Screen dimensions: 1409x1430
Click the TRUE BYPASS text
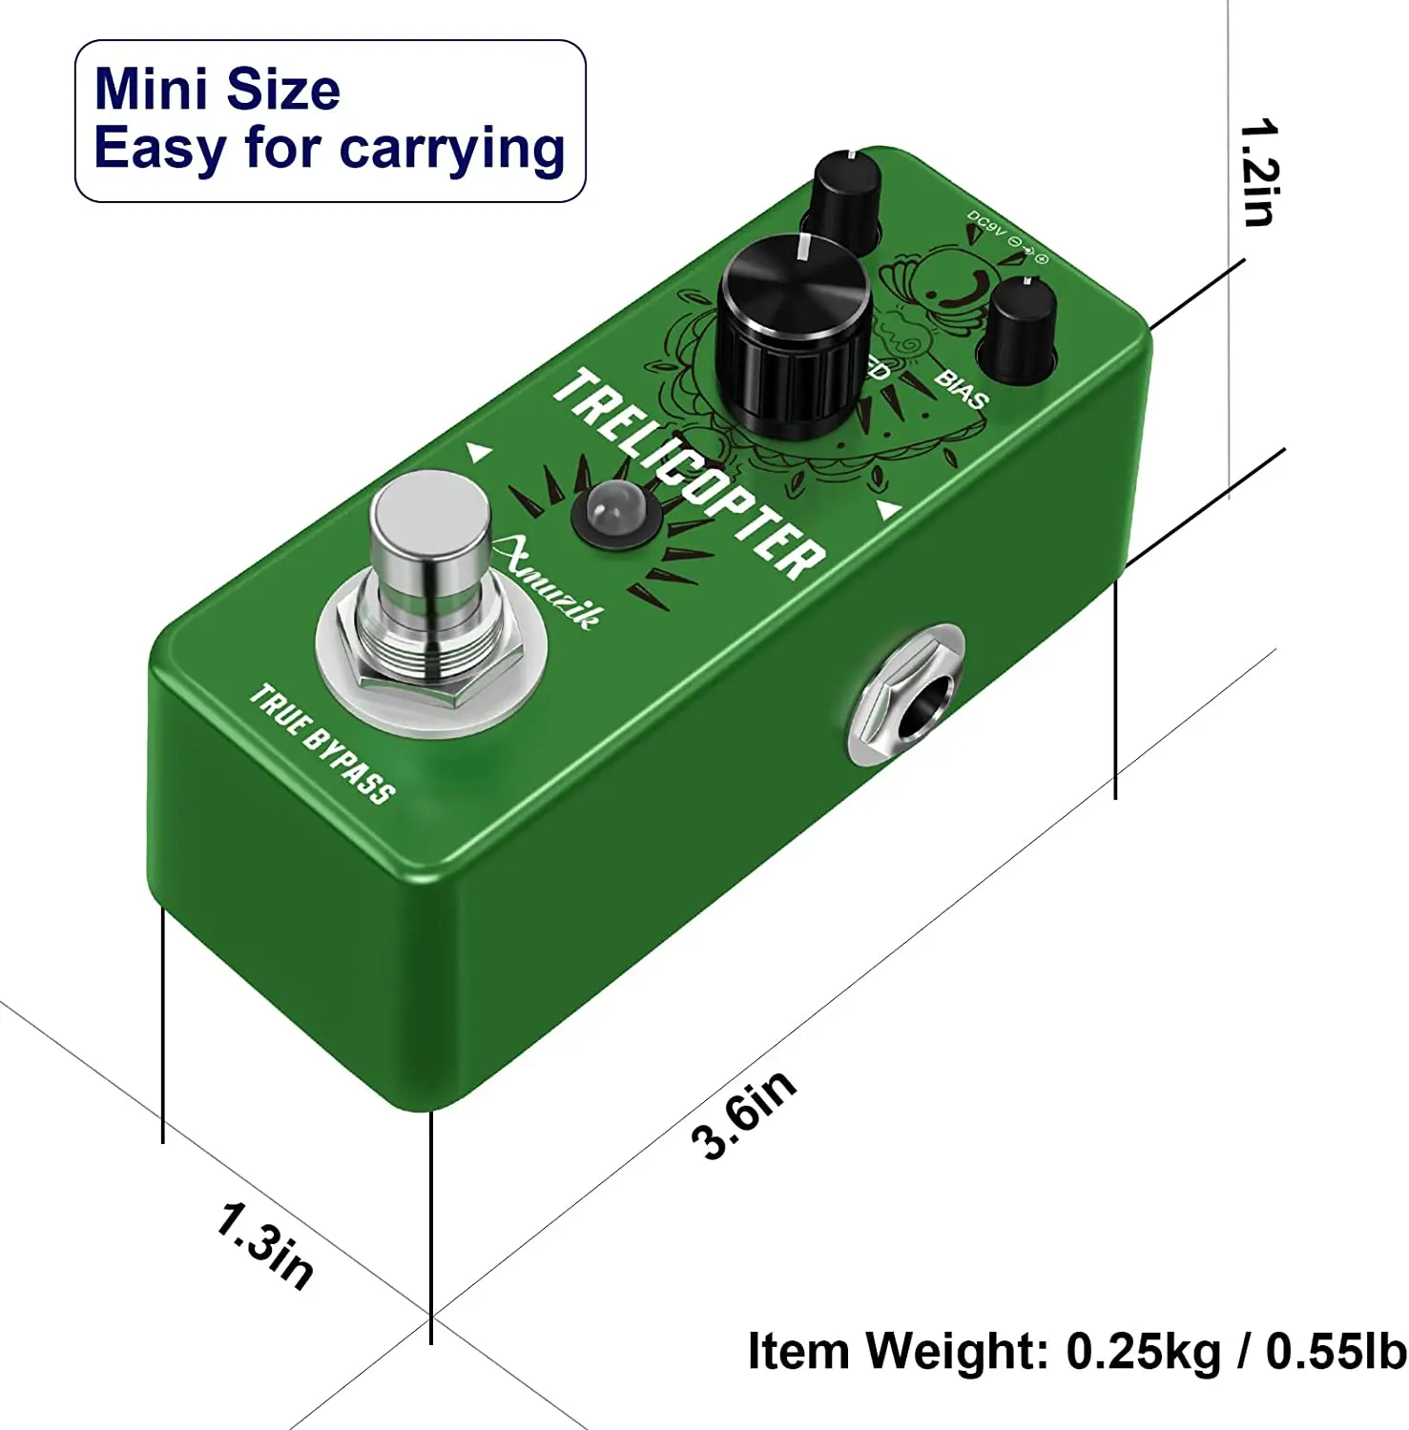coord(321,745)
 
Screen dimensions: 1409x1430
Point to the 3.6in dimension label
coord(743,1113)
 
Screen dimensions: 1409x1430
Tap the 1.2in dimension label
coord(1258,173)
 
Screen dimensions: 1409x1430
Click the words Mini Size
coord(218,89)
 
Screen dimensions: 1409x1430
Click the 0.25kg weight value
coord(1143,1351)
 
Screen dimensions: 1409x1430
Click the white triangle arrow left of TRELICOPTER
coord(479,451)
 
